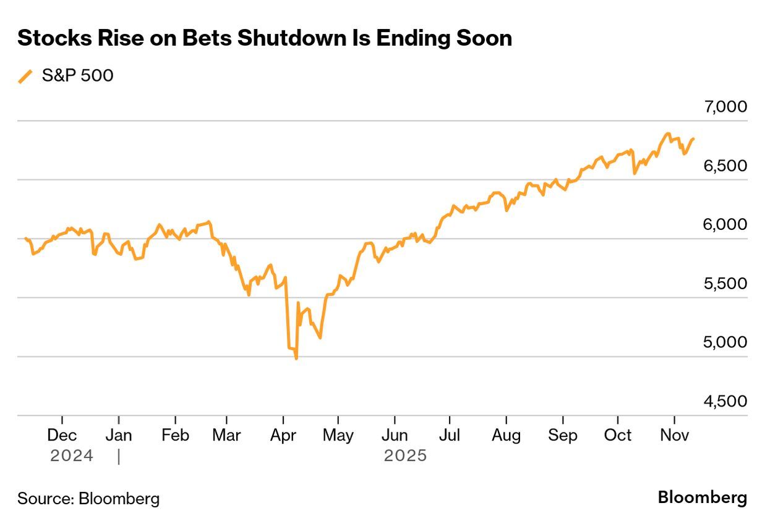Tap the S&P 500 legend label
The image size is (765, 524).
tap(77, 75)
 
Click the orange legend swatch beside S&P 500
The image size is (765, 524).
tap(25, 76)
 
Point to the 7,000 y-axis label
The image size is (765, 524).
tap(725, 107)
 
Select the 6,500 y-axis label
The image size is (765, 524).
tap(725, 166)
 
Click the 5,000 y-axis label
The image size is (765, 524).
tap(725, 342)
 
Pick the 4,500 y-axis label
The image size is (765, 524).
tap(725, 402)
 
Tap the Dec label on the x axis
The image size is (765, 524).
tap(62, 435)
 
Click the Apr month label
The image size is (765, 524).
tap(283, 435)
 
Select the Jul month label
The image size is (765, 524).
tap(450, 435)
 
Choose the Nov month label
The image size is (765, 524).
tap(674, 435)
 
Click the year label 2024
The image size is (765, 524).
tap(72, 456)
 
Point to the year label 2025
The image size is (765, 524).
tap(405, 456)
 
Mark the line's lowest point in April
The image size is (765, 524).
tap(297, 358)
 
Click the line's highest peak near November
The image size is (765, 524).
tap(667, 133)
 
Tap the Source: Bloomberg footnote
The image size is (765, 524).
tap(88, 498)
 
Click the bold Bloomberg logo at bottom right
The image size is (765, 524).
tap(702, 497)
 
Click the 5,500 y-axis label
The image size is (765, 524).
tap(725, 284)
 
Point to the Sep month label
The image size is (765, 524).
tap(562, 435)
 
